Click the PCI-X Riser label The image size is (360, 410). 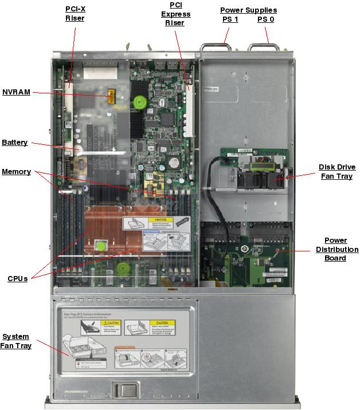(75, 14)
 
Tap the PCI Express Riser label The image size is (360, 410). (175, 14)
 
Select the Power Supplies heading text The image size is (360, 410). (248, 10)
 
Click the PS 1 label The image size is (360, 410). (230, 19)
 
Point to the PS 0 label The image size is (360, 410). (265, 19)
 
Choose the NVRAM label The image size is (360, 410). (16, 92)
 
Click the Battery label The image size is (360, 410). (14, 142)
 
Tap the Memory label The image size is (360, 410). (16, 172)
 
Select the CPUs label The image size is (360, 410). (17, 279)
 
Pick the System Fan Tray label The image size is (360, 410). (15, 341)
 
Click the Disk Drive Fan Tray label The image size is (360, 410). (336, 172)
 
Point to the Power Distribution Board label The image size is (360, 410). (336, 249)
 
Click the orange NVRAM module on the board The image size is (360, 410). (110, 98)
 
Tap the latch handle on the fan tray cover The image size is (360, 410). (126, 391)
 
